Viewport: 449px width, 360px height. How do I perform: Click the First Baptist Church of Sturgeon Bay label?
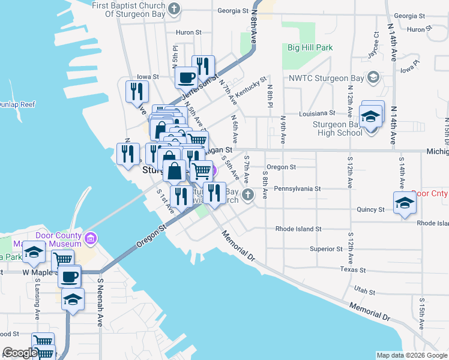tap(128, 6)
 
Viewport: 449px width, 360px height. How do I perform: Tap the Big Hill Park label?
tap(310, 47)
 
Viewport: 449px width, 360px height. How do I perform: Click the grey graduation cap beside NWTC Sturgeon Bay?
tap(373, 77)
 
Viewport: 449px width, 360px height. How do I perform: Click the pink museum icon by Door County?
tap(91, 239)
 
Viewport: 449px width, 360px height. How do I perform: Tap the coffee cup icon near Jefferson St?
tap(185, 78)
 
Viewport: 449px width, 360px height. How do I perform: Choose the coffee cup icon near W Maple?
tap(70, 277)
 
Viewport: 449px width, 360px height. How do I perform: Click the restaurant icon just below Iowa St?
tap(137, 91)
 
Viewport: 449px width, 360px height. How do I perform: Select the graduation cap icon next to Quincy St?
tap(405, 203)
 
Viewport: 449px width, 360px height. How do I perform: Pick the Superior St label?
tap(325, 249)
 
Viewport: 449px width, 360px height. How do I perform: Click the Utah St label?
tap(364, 292)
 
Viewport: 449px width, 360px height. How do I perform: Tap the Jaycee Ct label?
tap(377, 45)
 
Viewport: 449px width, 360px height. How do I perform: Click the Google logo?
tap(20, 353)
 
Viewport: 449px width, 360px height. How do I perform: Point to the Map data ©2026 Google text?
tap(411, 355)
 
